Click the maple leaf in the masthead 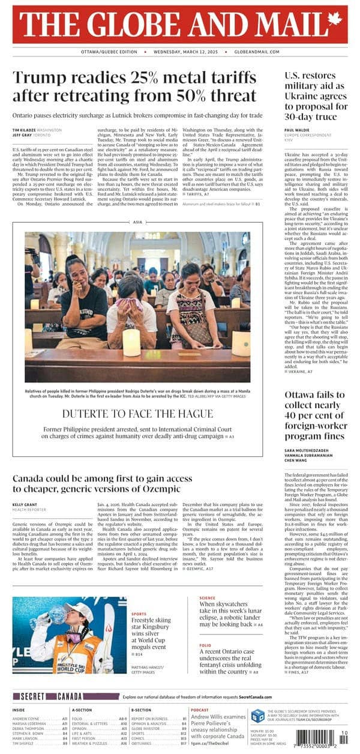click(x=334, y=20)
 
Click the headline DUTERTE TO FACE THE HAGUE click(x=137, y=414)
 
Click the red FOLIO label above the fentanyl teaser click(x=205, y=645)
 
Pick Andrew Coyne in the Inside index click(x=28, y=718)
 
